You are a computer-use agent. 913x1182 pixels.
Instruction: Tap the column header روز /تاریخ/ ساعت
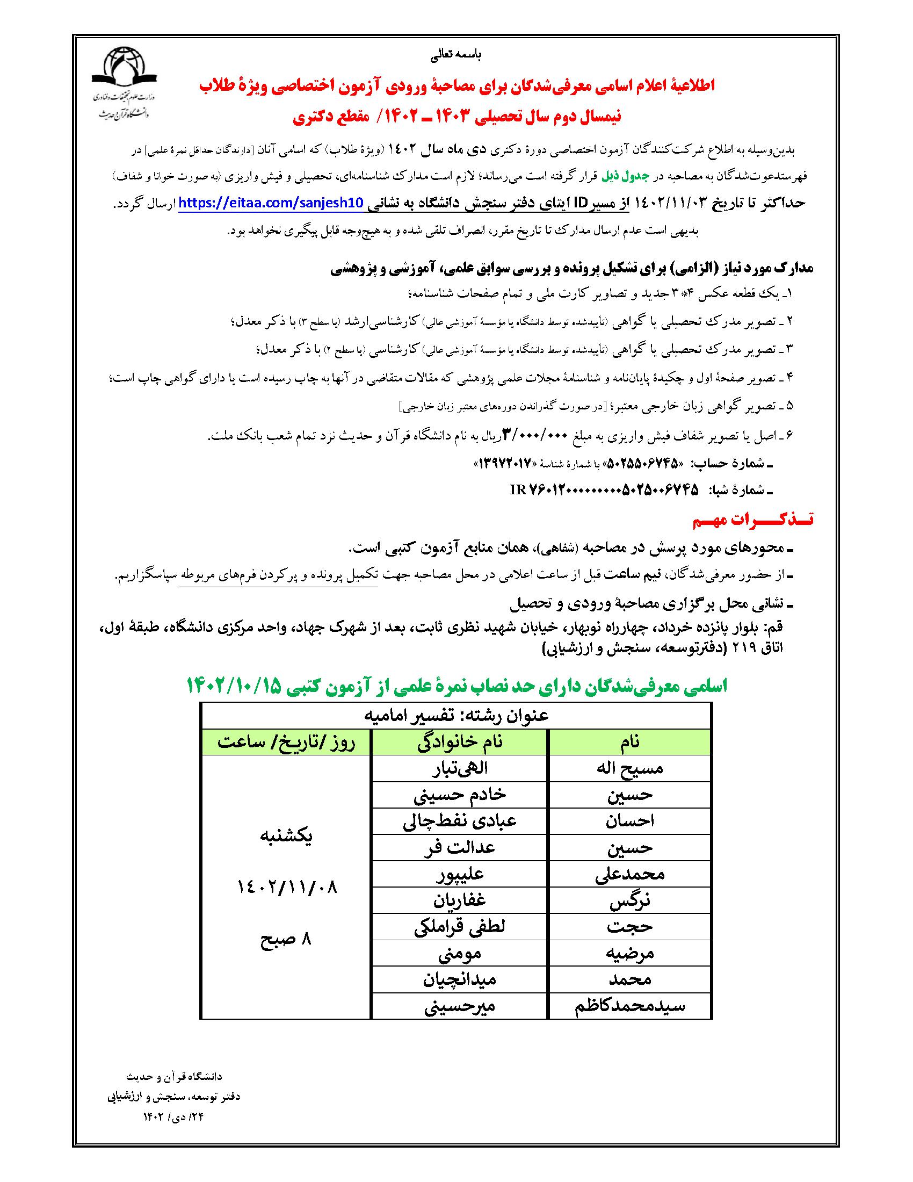tap(286, 742)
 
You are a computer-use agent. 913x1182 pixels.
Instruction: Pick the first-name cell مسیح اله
tap(630, 768)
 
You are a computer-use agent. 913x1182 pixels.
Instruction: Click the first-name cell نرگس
tap(630, 901)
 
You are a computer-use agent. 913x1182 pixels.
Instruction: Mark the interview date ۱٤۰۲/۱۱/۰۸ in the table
tap(287, 888)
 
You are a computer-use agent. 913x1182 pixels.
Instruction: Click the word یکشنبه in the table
tap(287, 837)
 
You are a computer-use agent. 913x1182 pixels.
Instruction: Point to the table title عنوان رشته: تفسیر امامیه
tap(455, 716)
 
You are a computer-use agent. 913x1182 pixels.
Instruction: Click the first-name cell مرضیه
tap(630, 954)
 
